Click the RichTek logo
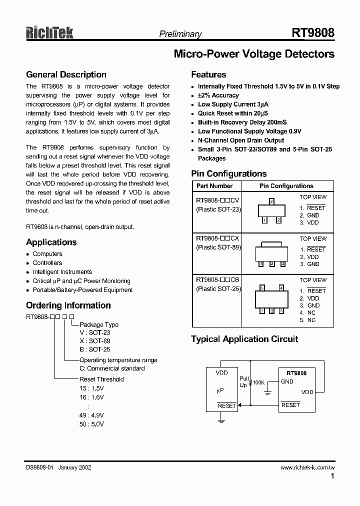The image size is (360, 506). click(x=50, y=33)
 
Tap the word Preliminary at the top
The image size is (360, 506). click(x=180, y=34)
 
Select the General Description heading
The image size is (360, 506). click(x=66, y=75)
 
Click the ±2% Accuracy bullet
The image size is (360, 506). click(x=218, y=95)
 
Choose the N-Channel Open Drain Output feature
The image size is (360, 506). click(x=241, y=140)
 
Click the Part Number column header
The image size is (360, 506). click(x=214, y=186)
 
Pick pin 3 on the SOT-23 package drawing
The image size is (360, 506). click(x=271, y=201)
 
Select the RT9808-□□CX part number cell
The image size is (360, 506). click(x=217, y=239)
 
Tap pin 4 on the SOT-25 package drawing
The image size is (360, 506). click(x=281, y=288)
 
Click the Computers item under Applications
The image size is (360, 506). click(x=47, y=254)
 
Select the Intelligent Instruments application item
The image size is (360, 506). click(x=62, y=272)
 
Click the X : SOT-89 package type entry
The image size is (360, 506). click(x=95, y=341)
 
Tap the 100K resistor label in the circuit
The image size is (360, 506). click(x=258, y=382)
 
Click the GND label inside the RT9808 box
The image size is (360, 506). click(x=287, y=381)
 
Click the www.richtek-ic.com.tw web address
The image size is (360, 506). click(x=307, y=468)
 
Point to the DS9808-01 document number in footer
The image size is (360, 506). click(x=39, y=468)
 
